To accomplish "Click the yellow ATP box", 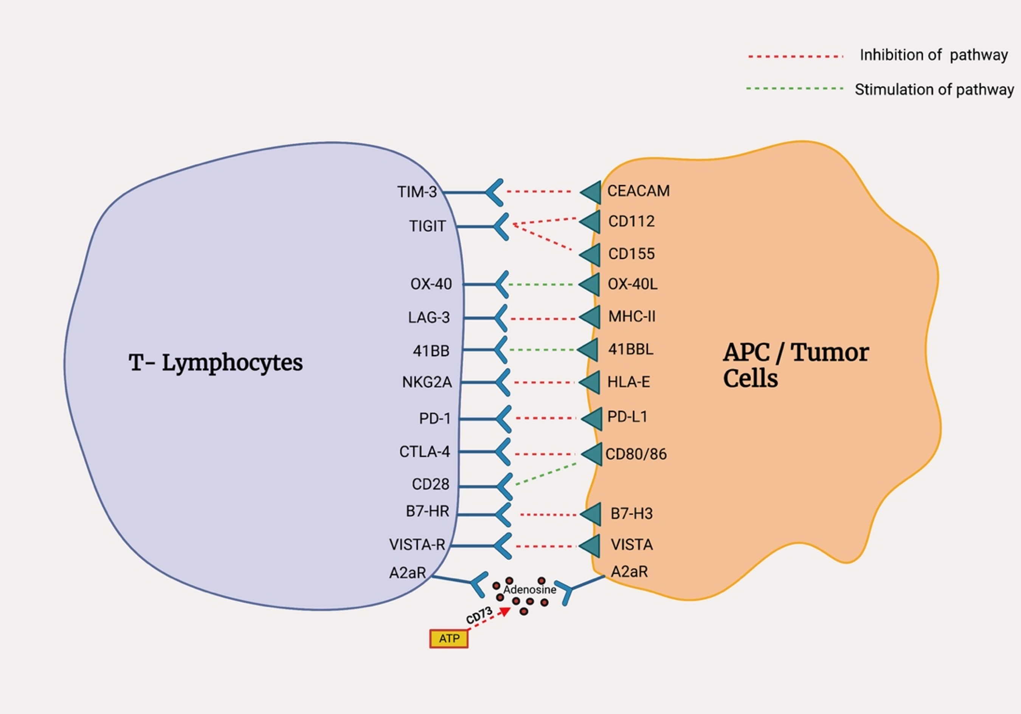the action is [x=449, y=639].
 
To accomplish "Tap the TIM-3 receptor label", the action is [x=417, y=192].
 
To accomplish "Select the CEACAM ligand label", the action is [x=639, y=191].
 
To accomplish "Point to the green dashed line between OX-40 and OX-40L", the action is [x=541, y=284].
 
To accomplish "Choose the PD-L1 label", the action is [x=627, y=417].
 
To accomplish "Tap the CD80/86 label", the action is [x=636, y=454].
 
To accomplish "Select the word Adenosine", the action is [x=530, y=590].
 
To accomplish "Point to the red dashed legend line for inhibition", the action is [x=796, y=56].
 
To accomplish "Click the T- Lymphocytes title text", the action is [x=216, y=362].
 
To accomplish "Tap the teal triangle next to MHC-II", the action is [x=590, y=318].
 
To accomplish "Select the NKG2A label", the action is [x=427, y=383].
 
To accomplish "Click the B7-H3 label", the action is [x=632, y=514].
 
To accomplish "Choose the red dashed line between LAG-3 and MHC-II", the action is [x=543, y=319].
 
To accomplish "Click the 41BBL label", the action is [x=631, y=350].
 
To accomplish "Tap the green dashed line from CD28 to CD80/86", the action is [x=546, y=474].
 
